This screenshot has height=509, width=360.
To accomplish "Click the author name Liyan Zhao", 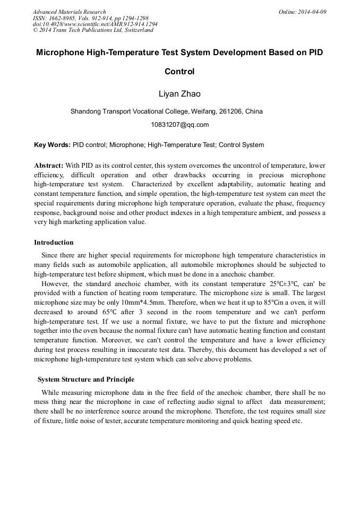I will click(x=179, y=94).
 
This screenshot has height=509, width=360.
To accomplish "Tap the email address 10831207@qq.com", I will click(x=180, y=125).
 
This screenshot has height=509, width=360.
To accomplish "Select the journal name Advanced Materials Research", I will click(x=69, y=12).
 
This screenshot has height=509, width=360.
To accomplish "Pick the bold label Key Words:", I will click(x=52, y=145).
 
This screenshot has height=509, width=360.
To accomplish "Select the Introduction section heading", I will click(x=54, y=243).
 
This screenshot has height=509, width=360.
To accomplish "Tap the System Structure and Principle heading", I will click(x=85, y=379).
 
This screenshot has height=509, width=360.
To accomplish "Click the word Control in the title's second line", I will click(x=179, y=72).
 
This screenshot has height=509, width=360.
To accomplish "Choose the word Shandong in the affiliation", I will click(x=85, y=111).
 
